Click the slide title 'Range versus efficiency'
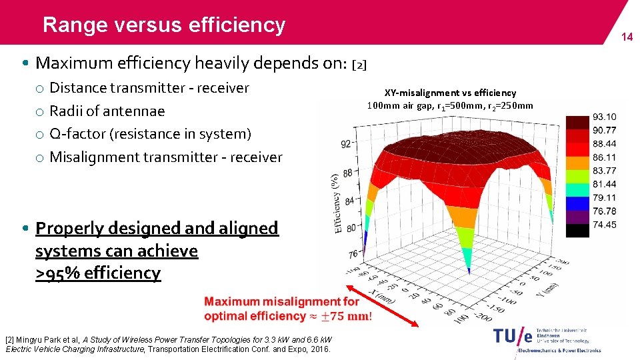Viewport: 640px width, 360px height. coord(163,25)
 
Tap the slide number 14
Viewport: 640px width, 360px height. coord(627,37)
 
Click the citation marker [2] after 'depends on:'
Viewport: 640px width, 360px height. coord(359,65)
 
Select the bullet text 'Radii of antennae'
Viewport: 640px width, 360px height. coord(107,111)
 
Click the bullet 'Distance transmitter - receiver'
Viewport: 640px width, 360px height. coord(149,87)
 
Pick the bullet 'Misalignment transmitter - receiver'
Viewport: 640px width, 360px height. coord(166,157)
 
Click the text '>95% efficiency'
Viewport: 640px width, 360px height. coord(98,273)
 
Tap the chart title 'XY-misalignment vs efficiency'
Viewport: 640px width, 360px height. coord(450,93)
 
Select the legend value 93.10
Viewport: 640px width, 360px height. coord(603,117)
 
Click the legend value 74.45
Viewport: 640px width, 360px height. coord(603,225)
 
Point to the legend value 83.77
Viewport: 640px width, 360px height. coord(603,171)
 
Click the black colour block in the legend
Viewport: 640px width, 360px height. coord(577,230)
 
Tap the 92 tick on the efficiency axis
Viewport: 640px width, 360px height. coord(346,143)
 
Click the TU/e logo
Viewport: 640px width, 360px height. coord(513,337)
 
